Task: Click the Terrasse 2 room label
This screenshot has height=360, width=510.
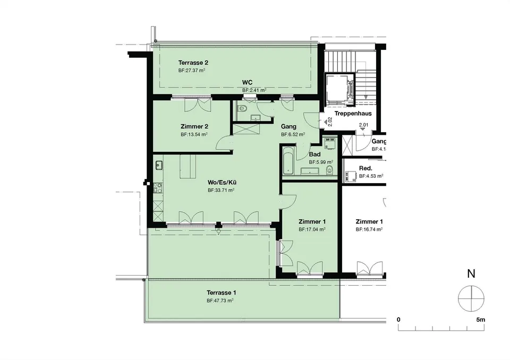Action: (x=193, y=63)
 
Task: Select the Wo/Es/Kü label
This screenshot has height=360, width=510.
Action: (x=222, y=183)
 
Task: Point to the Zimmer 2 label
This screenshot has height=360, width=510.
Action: (x=194, y=126)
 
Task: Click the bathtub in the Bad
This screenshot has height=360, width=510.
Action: (x=288, y=160)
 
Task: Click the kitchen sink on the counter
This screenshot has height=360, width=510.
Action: (x=159, y=166)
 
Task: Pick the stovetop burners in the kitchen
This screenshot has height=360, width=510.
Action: (x=158, y=188)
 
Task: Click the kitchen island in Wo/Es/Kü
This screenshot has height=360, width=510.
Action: (x=188, y=166)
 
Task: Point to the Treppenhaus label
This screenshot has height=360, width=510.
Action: (x=353, y=114)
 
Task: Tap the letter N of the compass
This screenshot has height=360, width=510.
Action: (x=471, y=274)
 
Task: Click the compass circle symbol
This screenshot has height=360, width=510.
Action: (x=471, y=298)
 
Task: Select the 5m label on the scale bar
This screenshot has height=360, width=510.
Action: (x=480, y=320)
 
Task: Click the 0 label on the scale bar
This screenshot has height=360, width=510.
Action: (x=399, y=320)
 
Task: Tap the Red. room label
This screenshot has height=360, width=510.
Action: (x=365, y=168)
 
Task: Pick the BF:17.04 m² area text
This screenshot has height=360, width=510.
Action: (x=312, y=229)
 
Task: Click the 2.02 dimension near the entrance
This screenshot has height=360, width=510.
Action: (x=330, y=122)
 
